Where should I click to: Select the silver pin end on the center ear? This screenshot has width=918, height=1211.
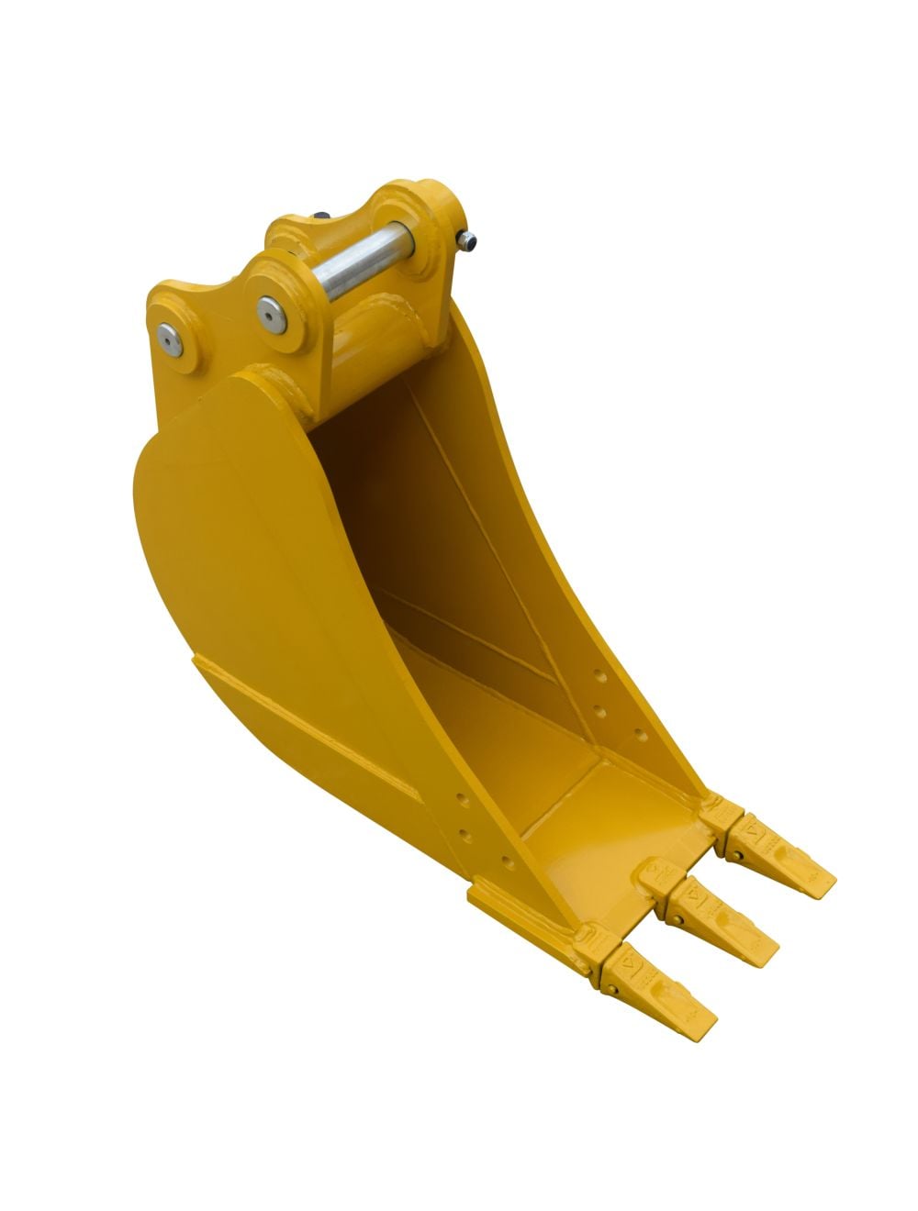pyautogui.click(x=271, y=314)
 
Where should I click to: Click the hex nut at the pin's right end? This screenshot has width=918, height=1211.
pyautogui.click(x=469, y=242)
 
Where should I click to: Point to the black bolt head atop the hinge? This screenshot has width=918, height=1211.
pyautogui.click(x=321, y=217)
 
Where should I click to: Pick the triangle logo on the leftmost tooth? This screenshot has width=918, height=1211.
pyautogui.click(x=629, y=963)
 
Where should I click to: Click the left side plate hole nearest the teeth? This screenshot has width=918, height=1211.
pyautogui.click(x=504, y=861)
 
